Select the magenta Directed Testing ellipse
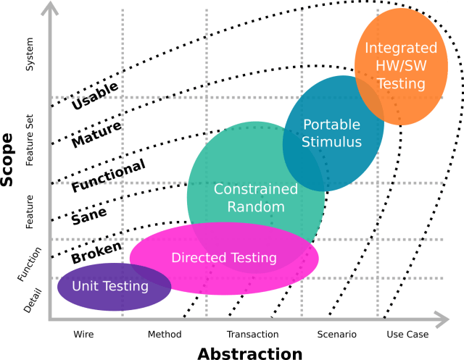point(224,258)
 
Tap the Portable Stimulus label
point(332,133)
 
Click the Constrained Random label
point(255,198)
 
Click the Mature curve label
point(96,135)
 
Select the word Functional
point(108,176)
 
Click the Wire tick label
point(83,335)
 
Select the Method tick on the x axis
point(165,335)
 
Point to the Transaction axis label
point(252,335)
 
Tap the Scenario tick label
point(336,335)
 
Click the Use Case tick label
point(407,335)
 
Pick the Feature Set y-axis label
point(30,140)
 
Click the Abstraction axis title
point(250,353)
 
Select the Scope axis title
point(8,160)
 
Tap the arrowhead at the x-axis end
point(442,319)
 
